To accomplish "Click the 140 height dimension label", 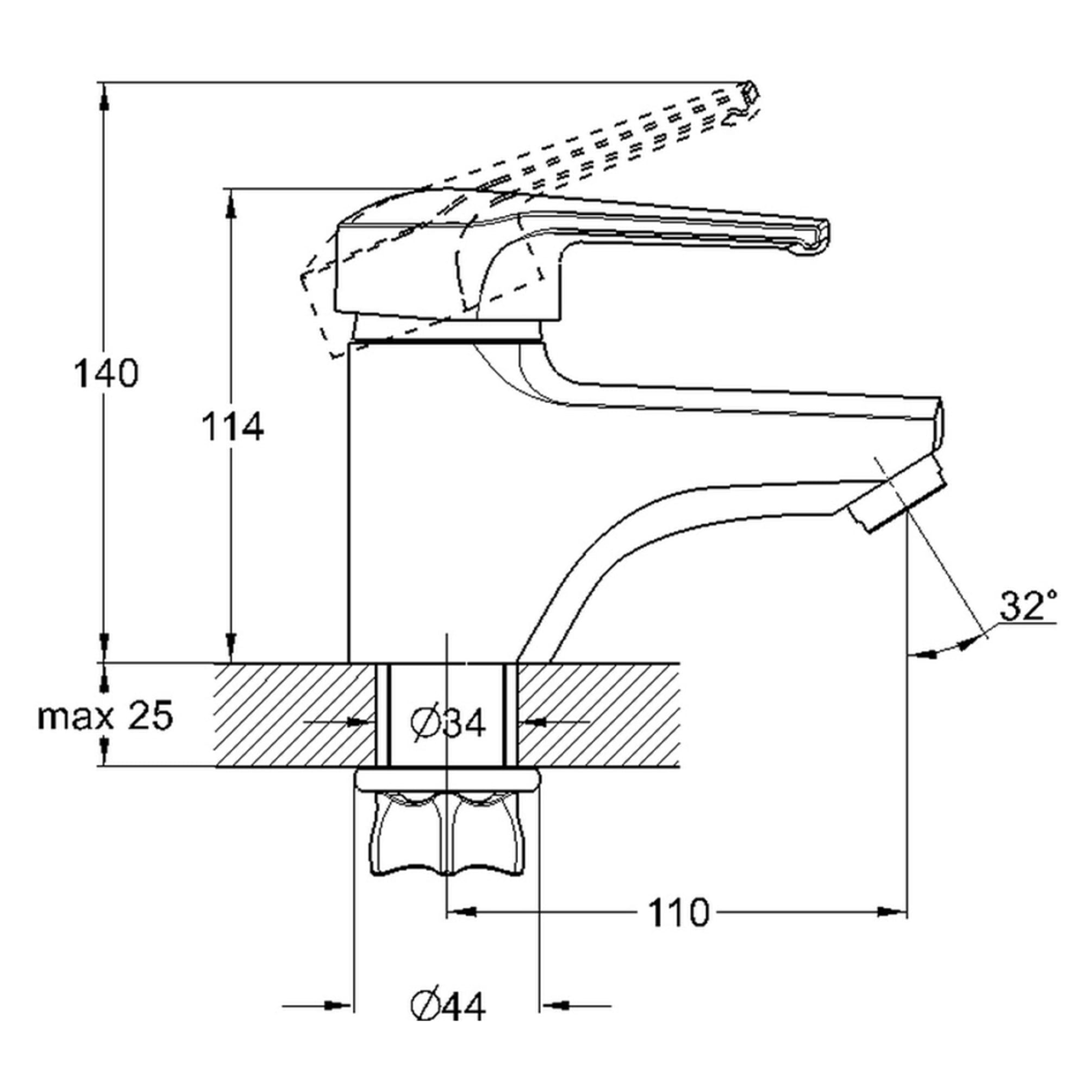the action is [107, 373].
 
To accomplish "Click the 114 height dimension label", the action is [233, 427].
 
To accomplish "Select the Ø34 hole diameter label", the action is [447, 723].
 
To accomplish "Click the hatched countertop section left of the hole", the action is [295, 715].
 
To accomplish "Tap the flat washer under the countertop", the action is [447, 780].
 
